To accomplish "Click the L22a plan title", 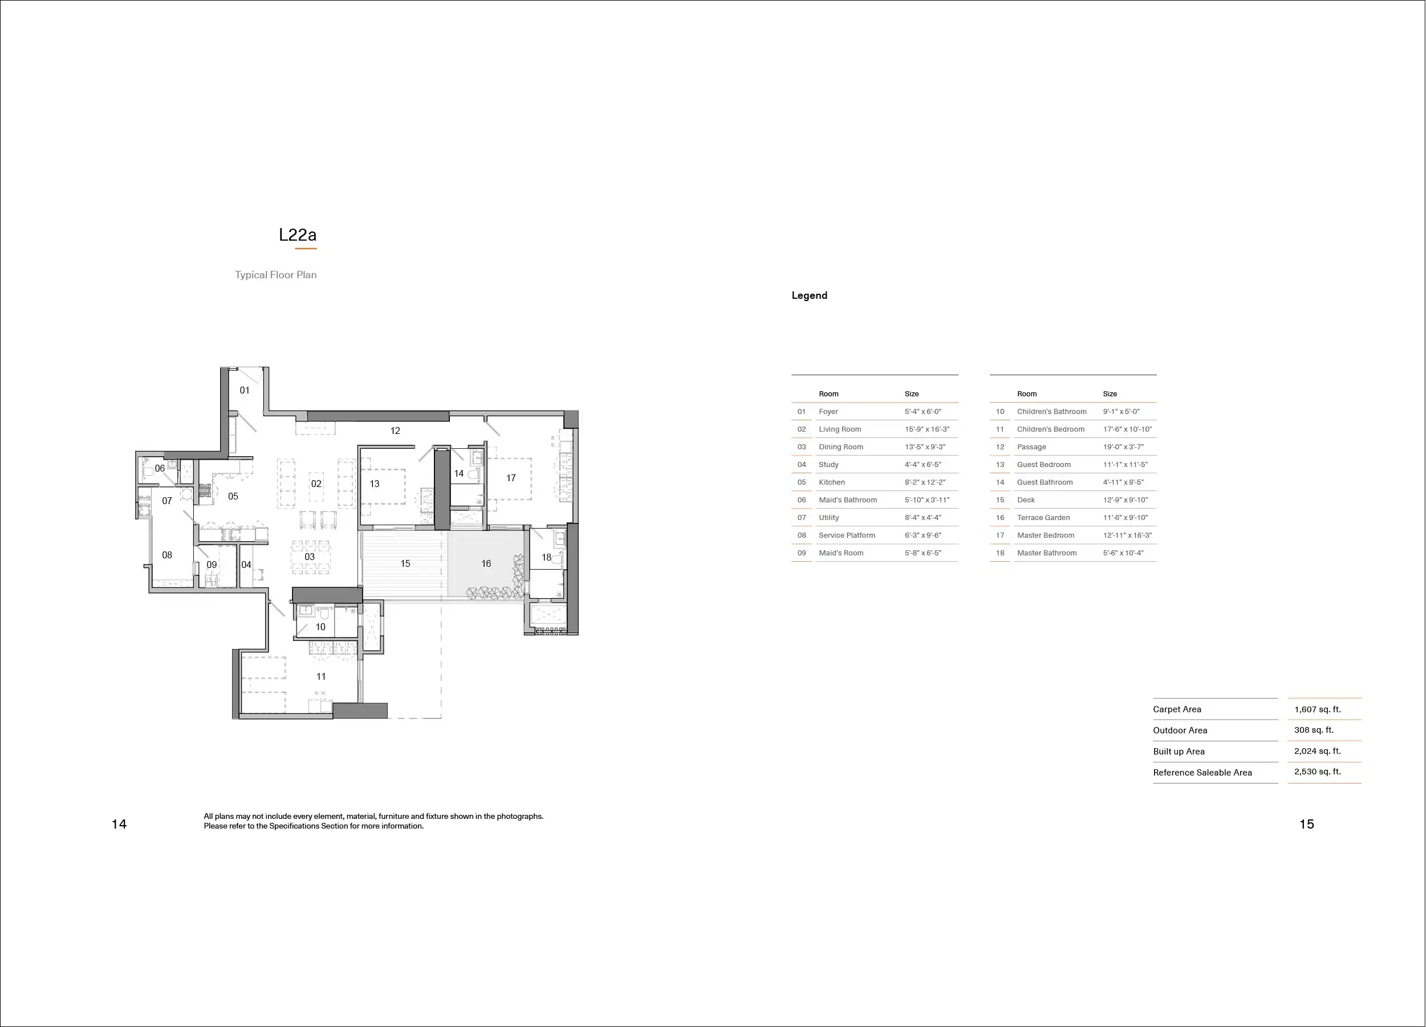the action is (x=298, y=235).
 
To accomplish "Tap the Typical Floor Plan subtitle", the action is (x=275, y=275).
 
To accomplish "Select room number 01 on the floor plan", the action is (x=245, y=390).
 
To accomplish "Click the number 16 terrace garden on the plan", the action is (x=486, y=563).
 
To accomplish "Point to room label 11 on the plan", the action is (x=320, y=676).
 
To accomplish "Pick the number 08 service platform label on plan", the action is (x=166, y=555).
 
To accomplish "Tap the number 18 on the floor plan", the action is (x=546, y=557).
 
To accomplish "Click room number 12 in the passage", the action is (x=395, y=430).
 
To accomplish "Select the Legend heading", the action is (x=809, y=295).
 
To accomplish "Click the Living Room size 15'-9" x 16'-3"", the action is (x=927, y=429).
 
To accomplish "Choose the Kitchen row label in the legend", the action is (x=832, y=482).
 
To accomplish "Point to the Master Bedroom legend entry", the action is (x=1046, y=535).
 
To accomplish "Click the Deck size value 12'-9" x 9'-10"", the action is (x=1125, y=500).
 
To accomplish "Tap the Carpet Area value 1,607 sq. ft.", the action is (x=1317, y=709).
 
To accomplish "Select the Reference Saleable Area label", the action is (x=1202, y=772).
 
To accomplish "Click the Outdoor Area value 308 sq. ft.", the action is (x=1314, y=729).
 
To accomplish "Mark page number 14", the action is (x=119, y=824).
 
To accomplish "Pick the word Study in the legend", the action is (x=828, y=464).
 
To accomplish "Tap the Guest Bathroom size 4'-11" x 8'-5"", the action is (x=1123, y=482).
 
